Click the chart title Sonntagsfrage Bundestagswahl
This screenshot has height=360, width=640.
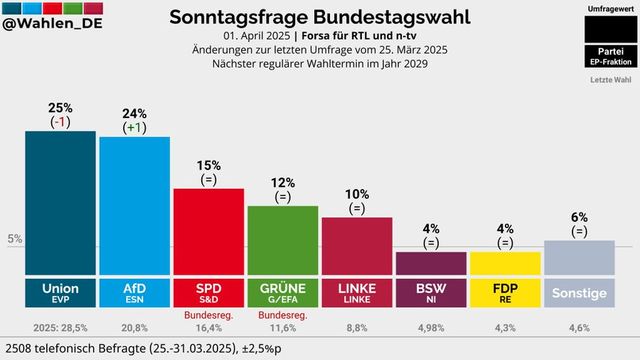click(x=320, y=17)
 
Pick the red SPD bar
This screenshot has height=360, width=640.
click(x=208, y=231)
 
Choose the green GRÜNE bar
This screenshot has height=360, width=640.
click(x=282, y=240)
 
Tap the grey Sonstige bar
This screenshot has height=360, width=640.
click(x=578, y=257)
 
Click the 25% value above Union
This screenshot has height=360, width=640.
click(x=60, y=107)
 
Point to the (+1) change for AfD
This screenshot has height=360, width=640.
click(x=134, y=127)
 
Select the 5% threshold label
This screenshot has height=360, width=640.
click(x=14, y=239)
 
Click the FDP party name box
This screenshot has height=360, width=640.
click(x=504, y=293)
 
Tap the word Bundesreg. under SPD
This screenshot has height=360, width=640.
click(x=208, y=315)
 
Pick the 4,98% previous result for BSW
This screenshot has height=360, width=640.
click(x=430, y=327)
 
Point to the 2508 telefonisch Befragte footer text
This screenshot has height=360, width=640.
click(x=143, y=348)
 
